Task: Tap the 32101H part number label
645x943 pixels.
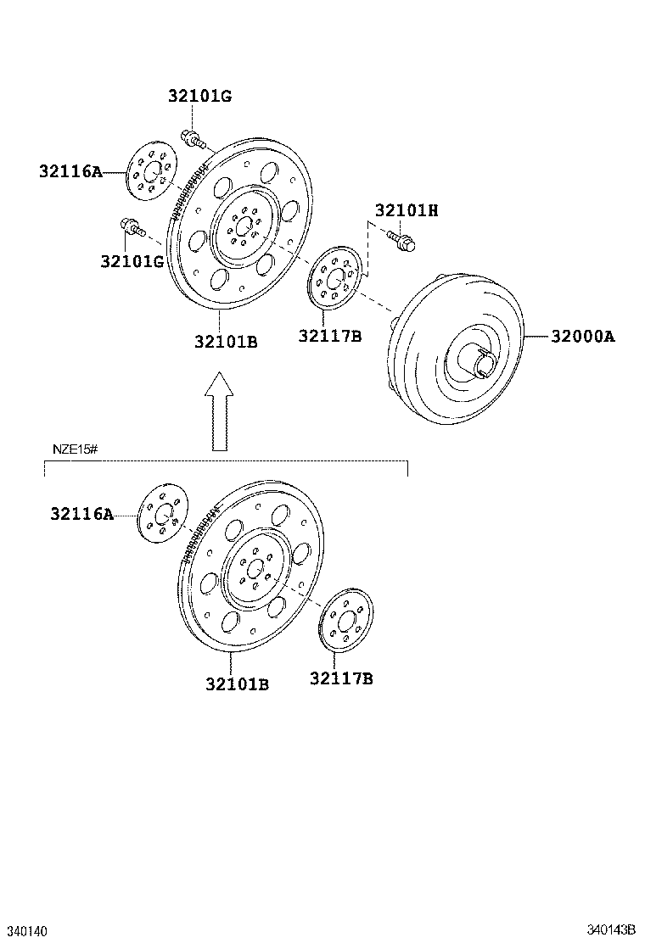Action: tap(407, 210)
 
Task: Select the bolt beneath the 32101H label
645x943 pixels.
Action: tap(401, 240)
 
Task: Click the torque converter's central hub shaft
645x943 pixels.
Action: tap(480, 366)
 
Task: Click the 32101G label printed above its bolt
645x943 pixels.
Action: tap(199, 96)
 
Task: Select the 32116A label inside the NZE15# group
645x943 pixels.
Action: tap(81, 513)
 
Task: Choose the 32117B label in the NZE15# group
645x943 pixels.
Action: tap(341, 678)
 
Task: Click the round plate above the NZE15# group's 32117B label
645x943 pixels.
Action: tap(345, 622)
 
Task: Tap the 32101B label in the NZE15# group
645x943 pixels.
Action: tap(236, 683)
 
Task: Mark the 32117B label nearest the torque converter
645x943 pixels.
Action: tap(329, 336)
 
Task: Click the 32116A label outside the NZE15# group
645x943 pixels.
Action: tap(70, 171)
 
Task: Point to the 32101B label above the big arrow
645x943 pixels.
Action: tap(225, 342)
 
